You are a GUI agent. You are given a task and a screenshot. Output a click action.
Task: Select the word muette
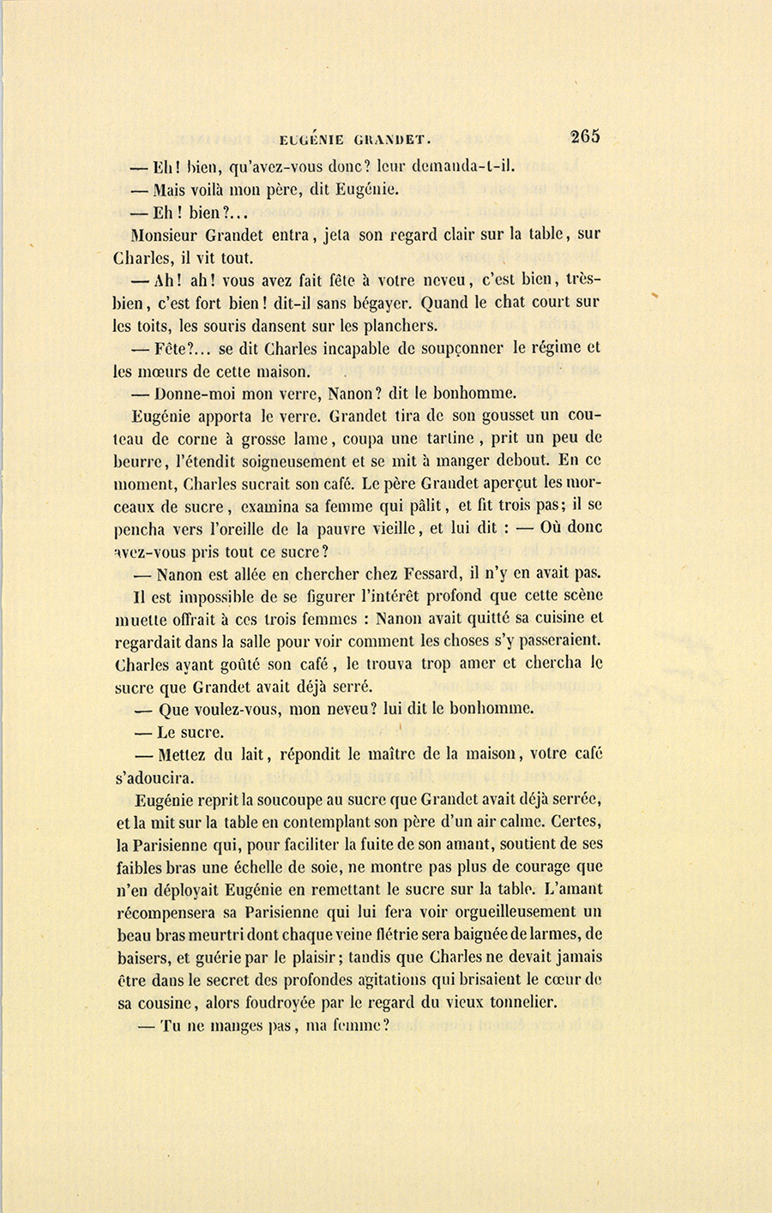click(x=141, y=618)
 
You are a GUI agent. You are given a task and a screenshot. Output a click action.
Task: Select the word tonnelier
click(x=519, y=1001)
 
